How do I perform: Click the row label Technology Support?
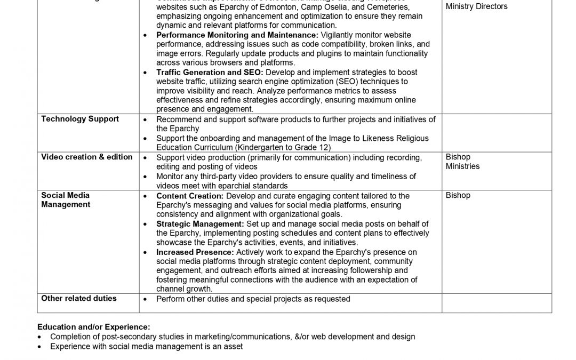(x=80, y=119)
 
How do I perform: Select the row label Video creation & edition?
(x=87, y=157)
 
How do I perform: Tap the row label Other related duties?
(x=79, y=298)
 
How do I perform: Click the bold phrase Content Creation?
(x=189, y=196)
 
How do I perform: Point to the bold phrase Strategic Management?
(x=200, y=224)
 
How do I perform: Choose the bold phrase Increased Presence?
(x=195, y=252)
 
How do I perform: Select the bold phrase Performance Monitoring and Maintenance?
(x=237, y=35)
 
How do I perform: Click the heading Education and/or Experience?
(x=94, y=326)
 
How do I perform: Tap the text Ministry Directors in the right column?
(x=477, y=6)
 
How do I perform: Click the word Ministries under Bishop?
(x=462, y=166)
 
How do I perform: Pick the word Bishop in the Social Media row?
(x=458, y=195)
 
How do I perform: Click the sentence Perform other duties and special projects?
(x=253, y=299)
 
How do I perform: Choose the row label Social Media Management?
(x=66, y=200)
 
